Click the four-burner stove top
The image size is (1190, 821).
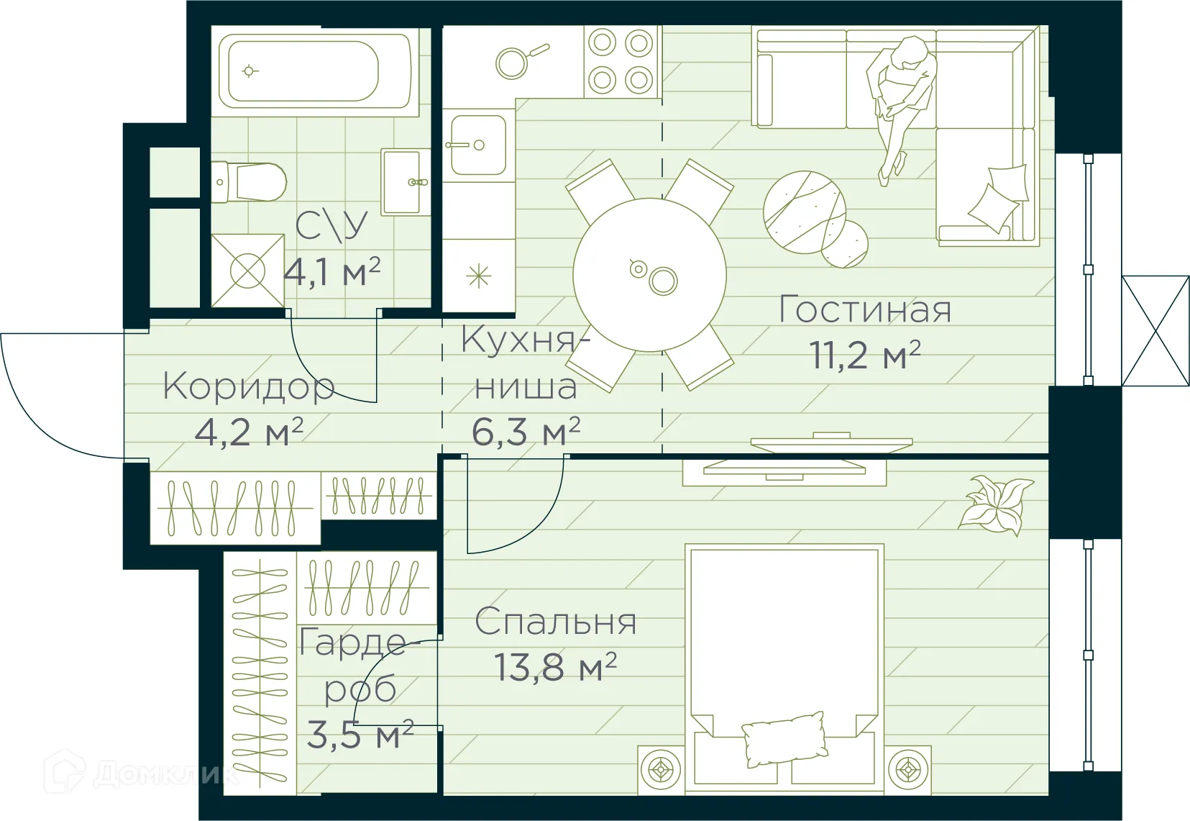pyautogui.click(x=621, y=61)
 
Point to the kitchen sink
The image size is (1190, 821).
pyautogui.click(x=477, y=145)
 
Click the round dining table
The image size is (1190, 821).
pyautogui.click(x=649, y=275)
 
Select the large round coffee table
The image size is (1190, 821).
pyautogui.click(x=805, y=212)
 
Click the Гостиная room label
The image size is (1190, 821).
pyautogui.click(x=865, y=310)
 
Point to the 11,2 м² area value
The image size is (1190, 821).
pyautogui.click(x=865, y=355)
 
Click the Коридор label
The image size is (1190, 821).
pyautogui.click(x=249, y=386)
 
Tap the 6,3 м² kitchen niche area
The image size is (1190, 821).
pyautogui.click(x=526, y=432)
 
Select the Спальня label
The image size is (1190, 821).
pyautogui.click(x=555, y=622)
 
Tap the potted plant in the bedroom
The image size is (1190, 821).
pyautogui.click(x=997, y=504)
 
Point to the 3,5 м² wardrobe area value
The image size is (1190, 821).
pyautogui.click(x=360, y=735)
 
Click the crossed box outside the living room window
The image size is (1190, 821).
pyautogui.click(x=1155, y=331)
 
